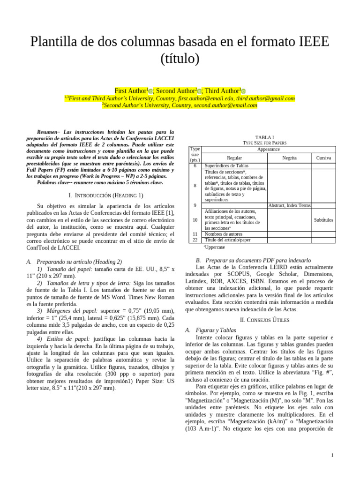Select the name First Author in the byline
131,90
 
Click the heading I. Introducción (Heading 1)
105,195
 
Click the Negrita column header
289,158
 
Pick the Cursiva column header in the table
323,158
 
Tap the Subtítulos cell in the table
323,219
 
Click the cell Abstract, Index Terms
289,205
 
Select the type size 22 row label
195,240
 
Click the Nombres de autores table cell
224,233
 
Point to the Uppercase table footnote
214,247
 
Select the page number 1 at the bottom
332,455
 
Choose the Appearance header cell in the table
268,149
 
